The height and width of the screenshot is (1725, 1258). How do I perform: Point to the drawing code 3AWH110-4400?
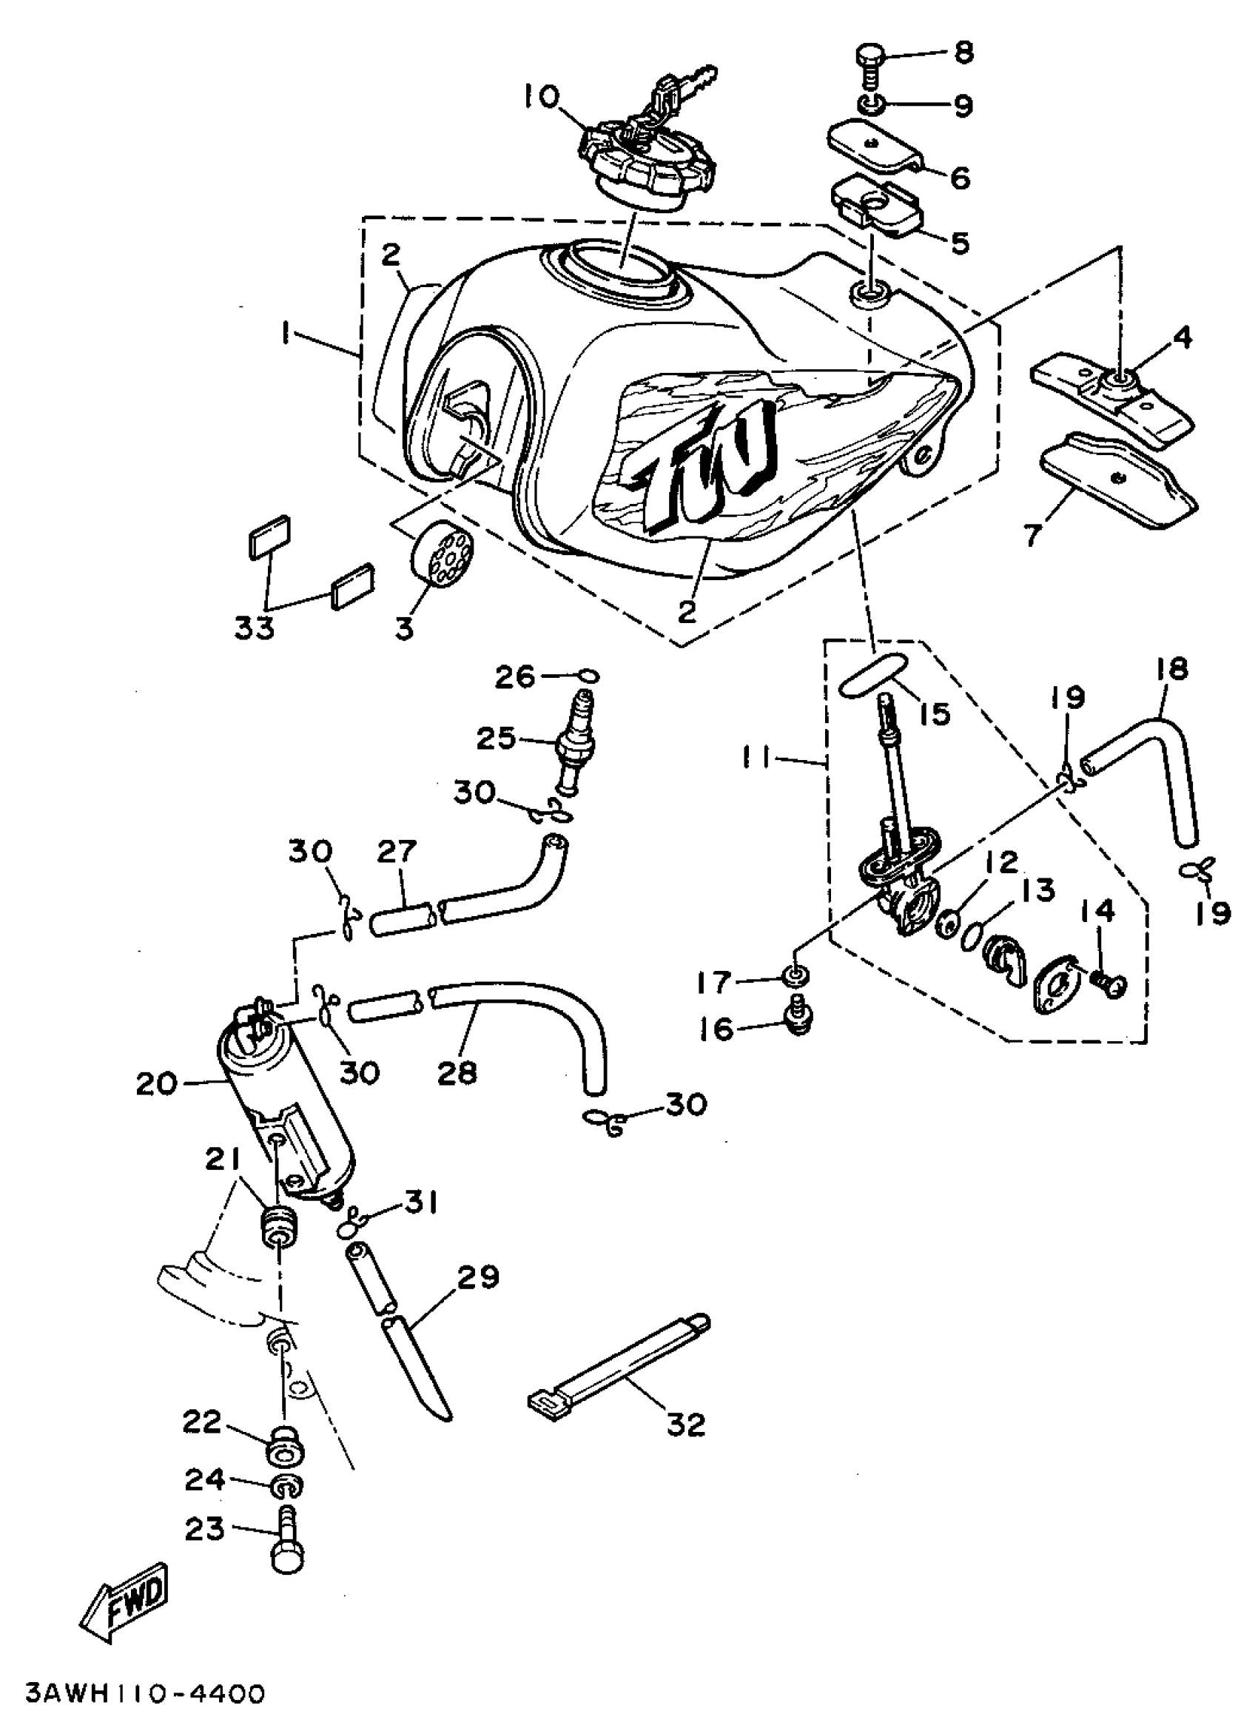pyautogui.click(x=145, y=1694)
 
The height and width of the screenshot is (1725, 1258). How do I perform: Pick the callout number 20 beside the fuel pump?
pyautogui.click(x=156, y=1083)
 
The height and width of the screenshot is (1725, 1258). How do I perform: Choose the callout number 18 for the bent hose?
pyautogui.click(x=1171, y=669)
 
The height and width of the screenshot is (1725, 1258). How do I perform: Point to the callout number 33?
pyautogui.click(x=254, y=629)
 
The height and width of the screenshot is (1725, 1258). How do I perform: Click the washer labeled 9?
pyautogui.click(x=869, y=104)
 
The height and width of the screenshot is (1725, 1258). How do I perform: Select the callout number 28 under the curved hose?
pyautogui.click(x=457, y=1072)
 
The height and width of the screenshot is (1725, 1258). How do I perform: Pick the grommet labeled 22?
pyautogui.click(x=283, y=1447)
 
